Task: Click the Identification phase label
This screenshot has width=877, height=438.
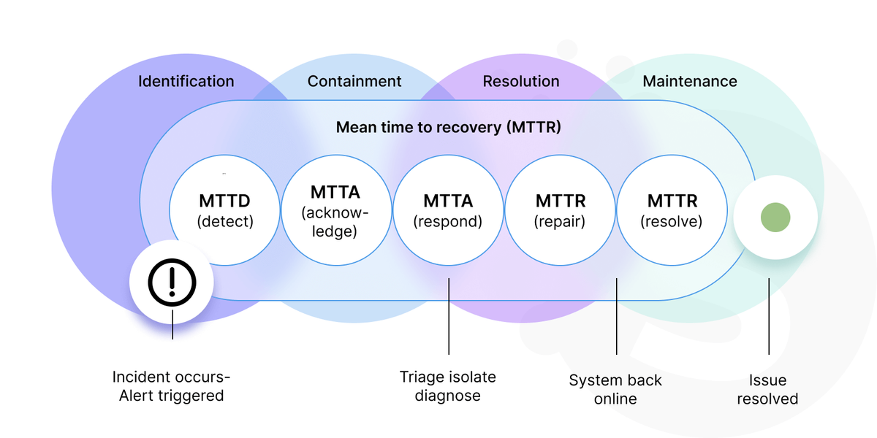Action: click(x=186, y=81)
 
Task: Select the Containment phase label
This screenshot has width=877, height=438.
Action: click(x=354, y=81)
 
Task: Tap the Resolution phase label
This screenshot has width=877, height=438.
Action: click(x=521, y=81)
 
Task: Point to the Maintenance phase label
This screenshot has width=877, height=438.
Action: click(x=690, y=81)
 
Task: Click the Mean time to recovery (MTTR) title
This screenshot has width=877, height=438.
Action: click(x=449, y=127)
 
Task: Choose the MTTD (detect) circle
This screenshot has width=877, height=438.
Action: click(x=225, y=210)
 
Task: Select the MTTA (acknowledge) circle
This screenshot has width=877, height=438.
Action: click(x=336, y=210)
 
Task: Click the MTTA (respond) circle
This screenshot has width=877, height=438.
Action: click(x=448, y=210)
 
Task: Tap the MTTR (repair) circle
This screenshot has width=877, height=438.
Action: click(x=561, y=210)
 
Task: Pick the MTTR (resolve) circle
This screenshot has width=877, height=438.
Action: click(x=672, y=210)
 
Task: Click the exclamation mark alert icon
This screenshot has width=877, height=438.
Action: click(x=172, y=282)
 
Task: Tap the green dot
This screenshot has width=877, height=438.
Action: click(x=775, y=218)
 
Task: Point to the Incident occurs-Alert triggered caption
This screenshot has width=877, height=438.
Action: click(x=172, y=386)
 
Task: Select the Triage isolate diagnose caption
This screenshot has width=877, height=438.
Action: click(x=448, y=386)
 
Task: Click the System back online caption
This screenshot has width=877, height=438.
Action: click(x=615, y=390)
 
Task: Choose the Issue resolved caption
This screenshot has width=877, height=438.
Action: click(x=767, y=390)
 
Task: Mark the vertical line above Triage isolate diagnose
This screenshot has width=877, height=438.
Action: click(x=449, y=316)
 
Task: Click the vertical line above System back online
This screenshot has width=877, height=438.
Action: click(x=617, y=316)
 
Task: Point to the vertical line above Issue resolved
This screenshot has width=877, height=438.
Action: click(x=769, y=316)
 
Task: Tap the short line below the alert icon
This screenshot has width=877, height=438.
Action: click(x=172, y=325)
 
